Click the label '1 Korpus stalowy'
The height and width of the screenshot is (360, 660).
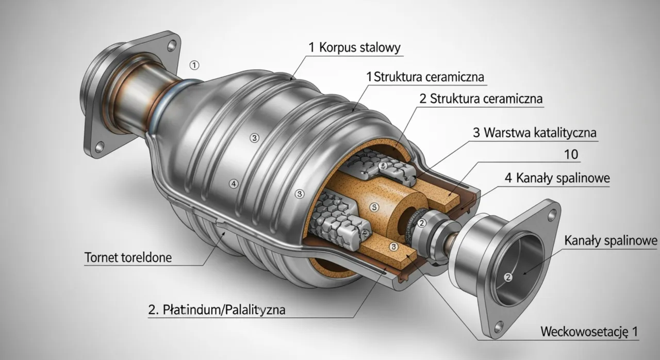(x=355, y=48)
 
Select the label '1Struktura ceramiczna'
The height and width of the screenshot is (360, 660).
(x=425, y=77)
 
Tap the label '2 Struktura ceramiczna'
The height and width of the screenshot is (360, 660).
(x=481, y=99)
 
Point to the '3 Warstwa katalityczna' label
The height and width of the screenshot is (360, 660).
(x=535, y=133)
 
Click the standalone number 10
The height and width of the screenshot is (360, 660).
(x=571, y=154)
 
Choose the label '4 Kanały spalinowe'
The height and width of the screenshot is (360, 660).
(x=556, y=178)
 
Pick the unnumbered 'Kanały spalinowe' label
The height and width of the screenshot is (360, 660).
(x=611, y=241)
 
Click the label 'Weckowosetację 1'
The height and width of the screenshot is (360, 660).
(x=589, y=332)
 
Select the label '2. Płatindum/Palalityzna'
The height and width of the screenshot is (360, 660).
(x=217, y=310)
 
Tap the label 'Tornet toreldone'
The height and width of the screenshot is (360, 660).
(x=128, y=257)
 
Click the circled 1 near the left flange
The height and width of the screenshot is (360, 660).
(x=194, y=65)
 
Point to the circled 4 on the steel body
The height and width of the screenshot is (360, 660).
(x=234, y=183)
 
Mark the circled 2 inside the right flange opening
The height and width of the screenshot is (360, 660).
(x=507, y=277)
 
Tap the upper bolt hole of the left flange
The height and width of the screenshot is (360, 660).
(x=171, y=45)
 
